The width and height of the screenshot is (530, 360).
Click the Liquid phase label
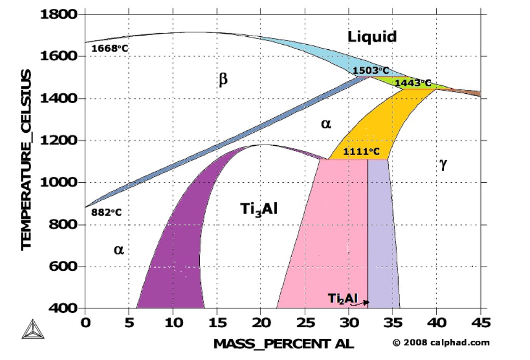pos(372,36)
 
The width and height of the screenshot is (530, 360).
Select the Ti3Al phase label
pos(259,209)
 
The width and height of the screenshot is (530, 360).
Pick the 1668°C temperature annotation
pos(109,49)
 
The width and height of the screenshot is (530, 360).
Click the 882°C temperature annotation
pos(106,212)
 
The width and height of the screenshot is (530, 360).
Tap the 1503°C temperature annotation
pos(371,71)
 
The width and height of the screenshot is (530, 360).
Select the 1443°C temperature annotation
pos(413,83)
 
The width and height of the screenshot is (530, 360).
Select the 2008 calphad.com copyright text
pos(440,342)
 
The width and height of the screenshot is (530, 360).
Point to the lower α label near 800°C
pos(119,250)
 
